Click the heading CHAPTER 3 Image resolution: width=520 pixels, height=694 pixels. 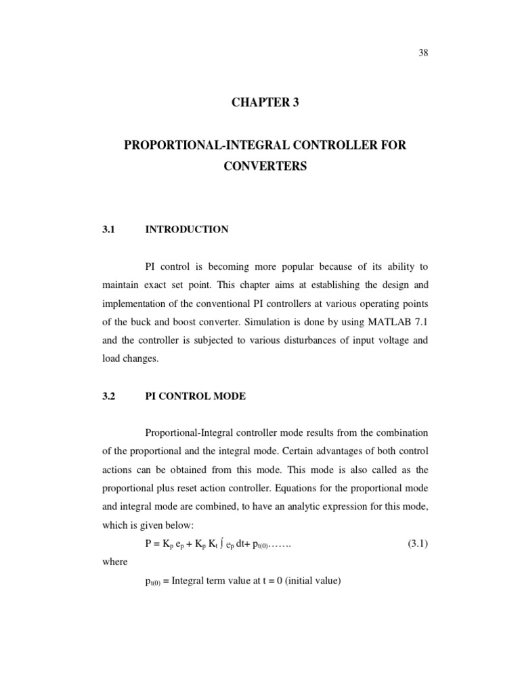pyautogui.click(x=265, y=103)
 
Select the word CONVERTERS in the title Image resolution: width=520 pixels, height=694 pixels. pyautogui.click(x=265, y=166)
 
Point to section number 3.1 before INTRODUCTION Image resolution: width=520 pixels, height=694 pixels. pyautogui.click(x=109, y=229)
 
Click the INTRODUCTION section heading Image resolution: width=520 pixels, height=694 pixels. pyautogui.click(x=186, y=229)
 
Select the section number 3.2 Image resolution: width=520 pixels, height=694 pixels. pyautogui.click(x=109, y=396)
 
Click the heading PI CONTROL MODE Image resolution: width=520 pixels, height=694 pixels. pyautogui.click(x=195, y=396)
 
